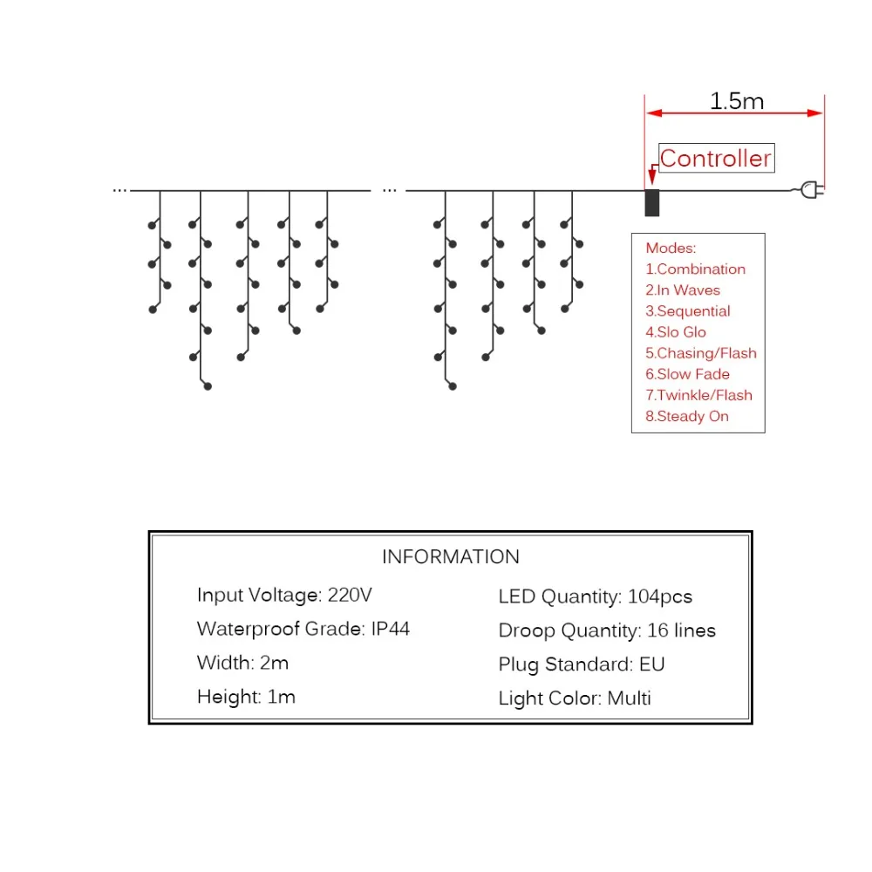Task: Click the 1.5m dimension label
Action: (x=736, y=100)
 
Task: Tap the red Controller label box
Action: (x=716, y=158)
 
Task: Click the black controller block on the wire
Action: (x=651, y=202)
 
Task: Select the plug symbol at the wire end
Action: (x=811, y=189)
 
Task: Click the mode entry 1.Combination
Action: (x=695, y=269)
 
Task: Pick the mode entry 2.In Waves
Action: (x=683, y=290)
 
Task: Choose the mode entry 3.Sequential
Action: (x=687, y=311)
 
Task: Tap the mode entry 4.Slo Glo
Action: (x=675, y=332)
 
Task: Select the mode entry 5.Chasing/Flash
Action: (x=701, y=353)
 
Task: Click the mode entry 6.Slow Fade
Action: (x=687, y=374)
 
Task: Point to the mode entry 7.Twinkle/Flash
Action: (x=698, y=395)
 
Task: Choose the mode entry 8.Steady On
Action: (x=687, y=417)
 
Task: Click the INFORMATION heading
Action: (x=451, y=556)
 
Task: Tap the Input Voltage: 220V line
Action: (x=284, y=596)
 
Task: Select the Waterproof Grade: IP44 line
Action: (x=303, y=630)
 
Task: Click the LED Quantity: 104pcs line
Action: (x=595, y=597)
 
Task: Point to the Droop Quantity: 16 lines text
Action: (x=607, y=630)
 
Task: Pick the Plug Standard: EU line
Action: (x=581, y=664)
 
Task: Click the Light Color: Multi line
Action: (x=575, y=698)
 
